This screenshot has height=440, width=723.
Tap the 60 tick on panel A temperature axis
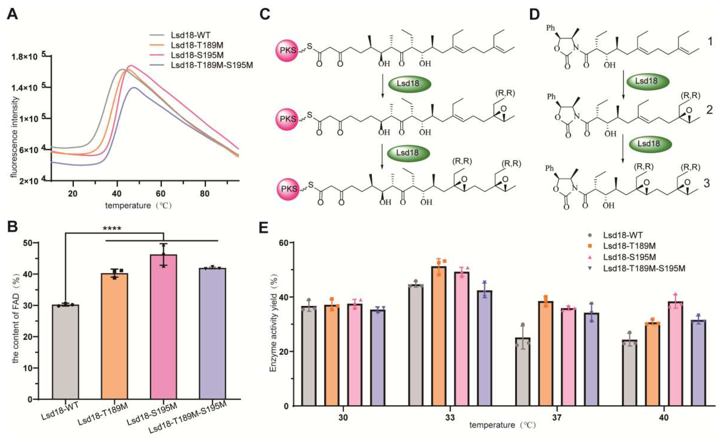160,194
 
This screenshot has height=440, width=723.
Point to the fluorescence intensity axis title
14,137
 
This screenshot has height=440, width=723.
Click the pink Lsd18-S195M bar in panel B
163,327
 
